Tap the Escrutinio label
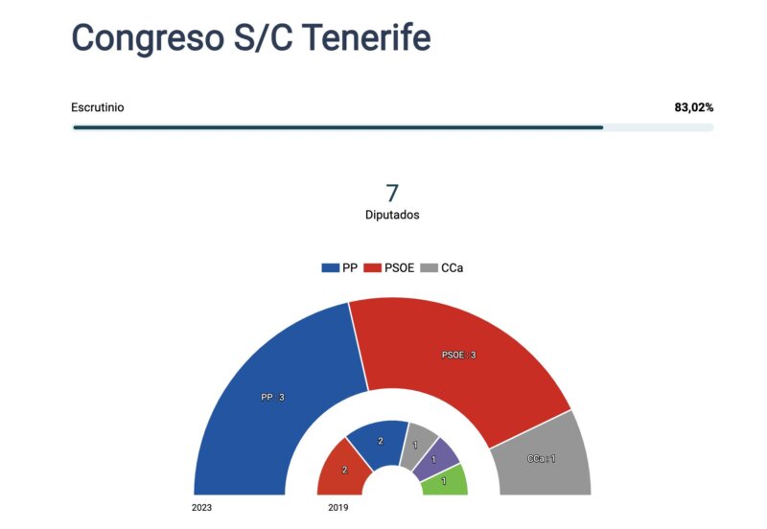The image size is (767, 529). pyautogui.click(x=97, y=107)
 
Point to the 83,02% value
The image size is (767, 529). pyautogui.click(x=693, y=107)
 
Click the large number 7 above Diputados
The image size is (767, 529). pyautogui.click(x=391, y=193)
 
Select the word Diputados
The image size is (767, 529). pyautogui.click(x=391, y=216)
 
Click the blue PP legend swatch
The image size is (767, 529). pyautogui.click(x=330, y=268)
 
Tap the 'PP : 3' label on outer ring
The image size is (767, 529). pyautogui.click(x=272, y=397)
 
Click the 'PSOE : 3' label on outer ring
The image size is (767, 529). pyautogui.click(x=458, y=355)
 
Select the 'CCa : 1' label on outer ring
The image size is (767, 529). pyautogui.click(x=541, y=459)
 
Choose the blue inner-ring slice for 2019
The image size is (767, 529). pyautogui.click(x=379, y=442)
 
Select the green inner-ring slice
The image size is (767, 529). pyautogui.click(x=445, y=481)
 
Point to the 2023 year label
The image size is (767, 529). pyautogui.click(x=201, y=507)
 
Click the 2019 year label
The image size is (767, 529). pyautogui.click(x=337, y=507)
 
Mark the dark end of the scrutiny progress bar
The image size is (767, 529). pyautogui.click(x=601, y=127)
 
